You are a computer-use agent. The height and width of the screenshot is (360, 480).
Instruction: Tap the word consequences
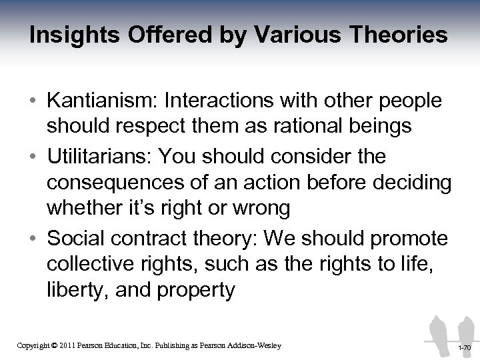click(x=109, y=183)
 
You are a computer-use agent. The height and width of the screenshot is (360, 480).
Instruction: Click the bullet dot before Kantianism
click(x=32, y=101)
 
